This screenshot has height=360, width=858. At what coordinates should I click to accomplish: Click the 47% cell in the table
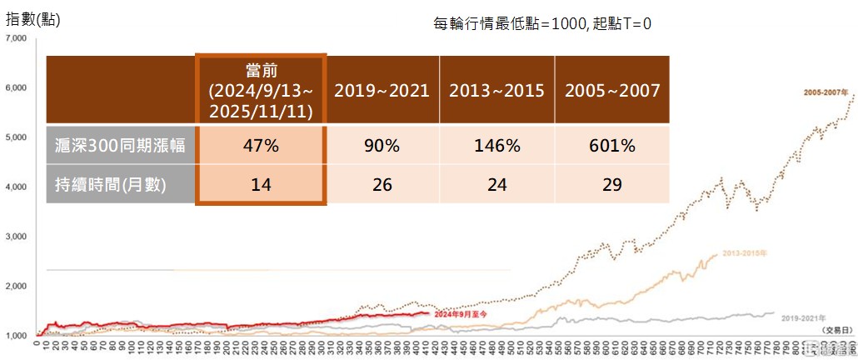coord(262,146)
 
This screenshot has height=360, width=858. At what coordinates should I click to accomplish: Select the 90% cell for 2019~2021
coord(382,146)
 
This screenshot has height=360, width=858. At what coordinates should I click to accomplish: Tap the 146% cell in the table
coord(496,146)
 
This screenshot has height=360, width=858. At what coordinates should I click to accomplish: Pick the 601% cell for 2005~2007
coord(612,146)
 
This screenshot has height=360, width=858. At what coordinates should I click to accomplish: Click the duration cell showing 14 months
coord(262,184)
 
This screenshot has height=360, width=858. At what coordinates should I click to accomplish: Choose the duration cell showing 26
coord(382,184)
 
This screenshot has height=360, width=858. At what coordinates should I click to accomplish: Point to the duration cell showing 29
coord(612,184)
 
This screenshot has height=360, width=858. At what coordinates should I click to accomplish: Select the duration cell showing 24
coord(496,184)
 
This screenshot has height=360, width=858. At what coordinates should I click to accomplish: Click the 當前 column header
coord(262,90)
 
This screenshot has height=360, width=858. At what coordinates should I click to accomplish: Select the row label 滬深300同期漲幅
coord(119,146)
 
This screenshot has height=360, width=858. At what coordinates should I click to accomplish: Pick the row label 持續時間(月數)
coord(119,184)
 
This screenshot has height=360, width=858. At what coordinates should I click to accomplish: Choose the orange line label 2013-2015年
coord(744,252)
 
